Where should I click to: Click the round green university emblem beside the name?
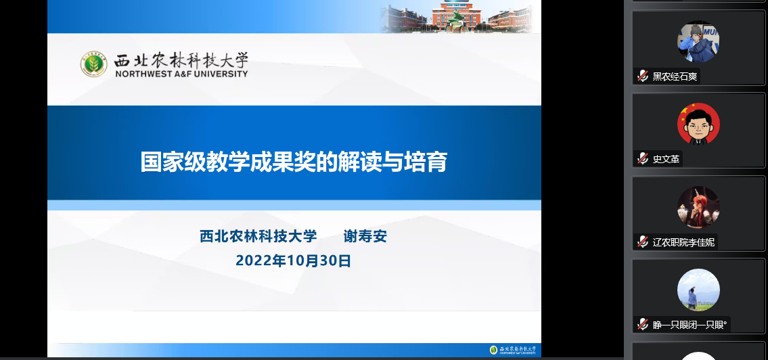click(93, 64)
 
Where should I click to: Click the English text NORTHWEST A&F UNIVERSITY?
click(182, 74)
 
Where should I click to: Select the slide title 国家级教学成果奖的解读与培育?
click(294, 162)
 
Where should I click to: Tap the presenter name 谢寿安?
click(365, 236)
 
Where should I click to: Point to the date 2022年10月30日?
click(294, 261)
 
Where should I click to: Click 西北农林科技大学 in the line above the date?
click(258, 236)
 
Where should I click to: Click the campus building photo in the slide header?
click(457, 17)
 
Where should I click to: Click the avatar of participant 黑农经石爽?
click(698, 41)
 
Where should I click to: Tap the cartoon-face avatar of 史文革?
click(698, 124)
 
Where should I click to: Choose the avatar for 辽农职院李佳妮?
click(698, 207)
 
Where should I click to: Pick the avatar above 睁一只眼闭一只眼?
click(698, 290)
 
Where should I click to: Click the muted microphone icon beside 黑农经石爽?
click(643, 76)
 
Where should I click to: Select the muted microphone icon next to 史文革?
click(643, 159)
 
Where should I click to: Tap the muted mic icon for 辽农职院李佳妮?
click(643, 242)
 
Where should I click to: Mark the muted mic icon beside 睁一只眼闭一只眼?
click(643, 325)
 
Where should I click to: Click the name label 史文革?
click(666, 159)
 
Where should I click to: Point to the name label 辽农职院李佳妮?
click(683, 242)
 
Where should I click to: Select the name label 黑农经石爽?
click(675, 76)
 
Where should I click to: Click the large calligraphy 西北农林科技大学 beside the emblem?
click(181, 60)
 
